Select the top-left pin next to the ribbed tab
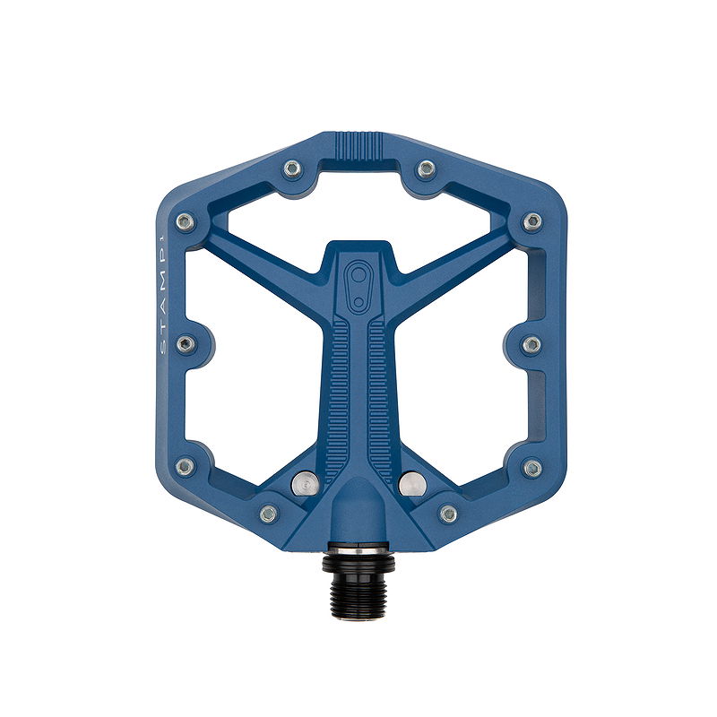click(x=291, y=168)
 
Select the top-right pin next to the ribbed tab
click(x=427, y=168)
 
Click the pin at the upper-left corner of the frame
click(x=186, y=220)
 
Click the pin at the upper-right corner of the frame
click(x=532, y=220)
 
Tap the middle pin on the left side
click(x=186, y=344)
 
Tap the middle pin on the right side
click(x=531, y=344)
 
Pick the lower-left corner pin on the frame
click(x=185, y=467)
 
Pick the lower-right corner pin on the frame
click(x=532, y=468)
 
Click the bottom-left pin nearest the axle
click(x=268, y=514)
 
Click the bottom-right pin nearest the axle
click(x=449, y=514)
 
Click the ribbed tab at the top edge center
click(x=358, y=144)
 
